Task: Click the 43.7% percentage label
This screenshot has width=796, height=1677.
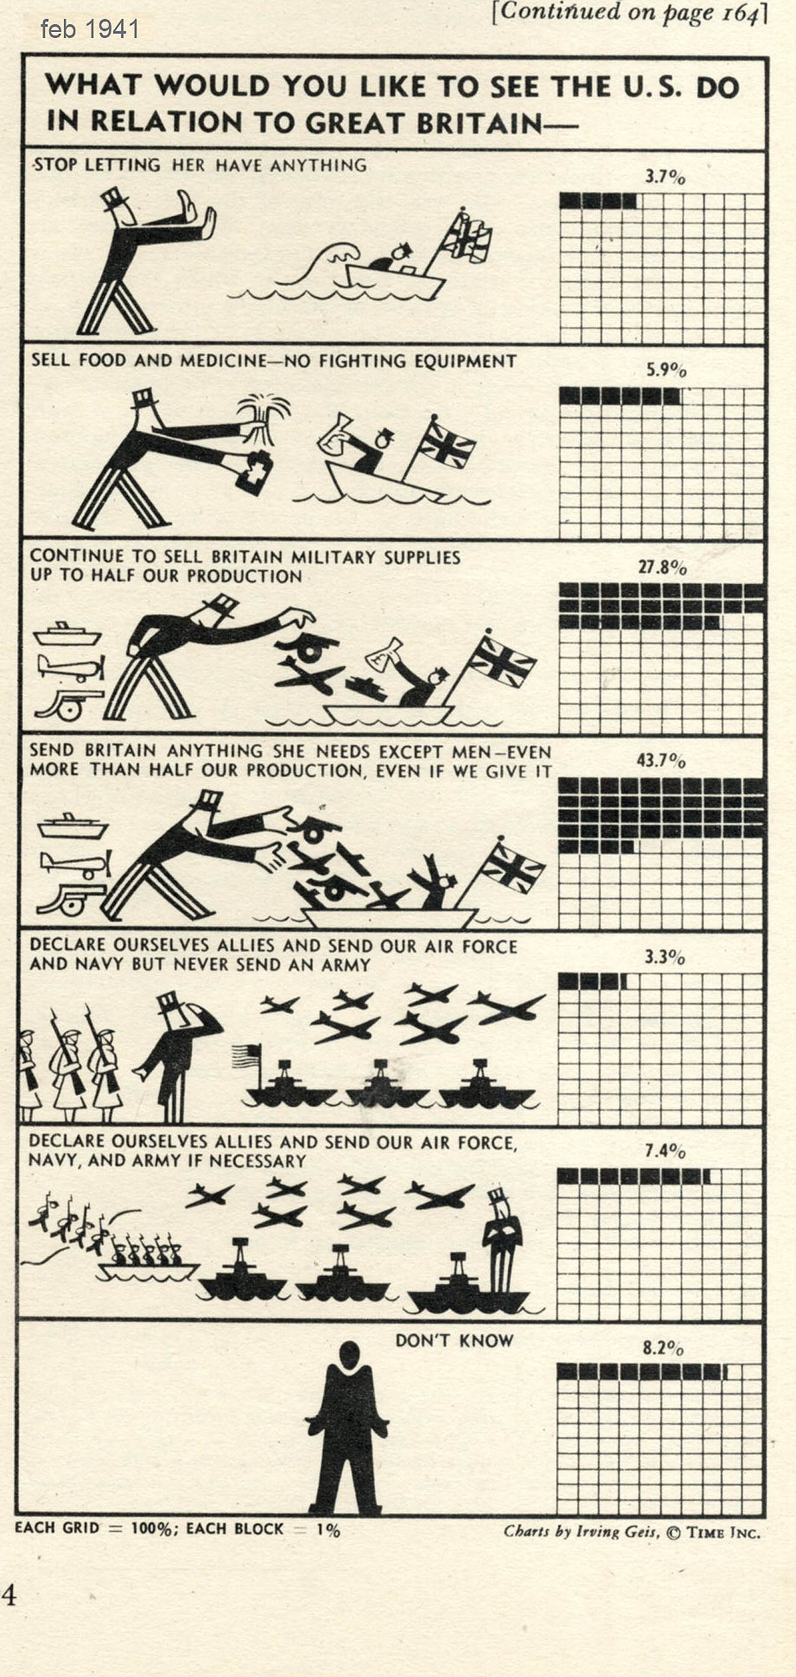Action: (661, 761)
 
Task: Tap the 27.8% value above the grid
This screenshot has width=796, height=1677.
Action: (662, 567)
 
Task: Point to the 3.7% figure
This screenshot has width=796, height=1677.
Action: (665, 176)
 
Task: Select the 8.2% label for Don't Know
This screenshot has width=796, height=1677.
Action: (663, 1348)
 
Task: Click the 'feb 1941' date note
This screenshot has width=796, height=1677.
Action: (89, 30)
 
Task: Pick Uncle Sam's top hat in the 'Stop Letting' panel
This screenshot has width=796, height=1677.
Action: (116, 199)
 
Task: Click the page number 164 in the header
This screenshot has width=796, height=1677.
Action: (741, 13)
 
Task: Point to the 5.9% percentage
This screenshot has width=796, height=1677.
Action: (666, 370)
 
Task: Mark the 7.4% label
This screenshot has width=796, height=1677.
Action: (665, 1151)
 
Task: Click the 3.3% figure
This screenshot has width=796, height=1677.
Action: (665, 957)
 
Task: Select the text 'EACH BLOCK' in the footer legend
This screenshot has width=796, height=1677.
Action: (234, 1529)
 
